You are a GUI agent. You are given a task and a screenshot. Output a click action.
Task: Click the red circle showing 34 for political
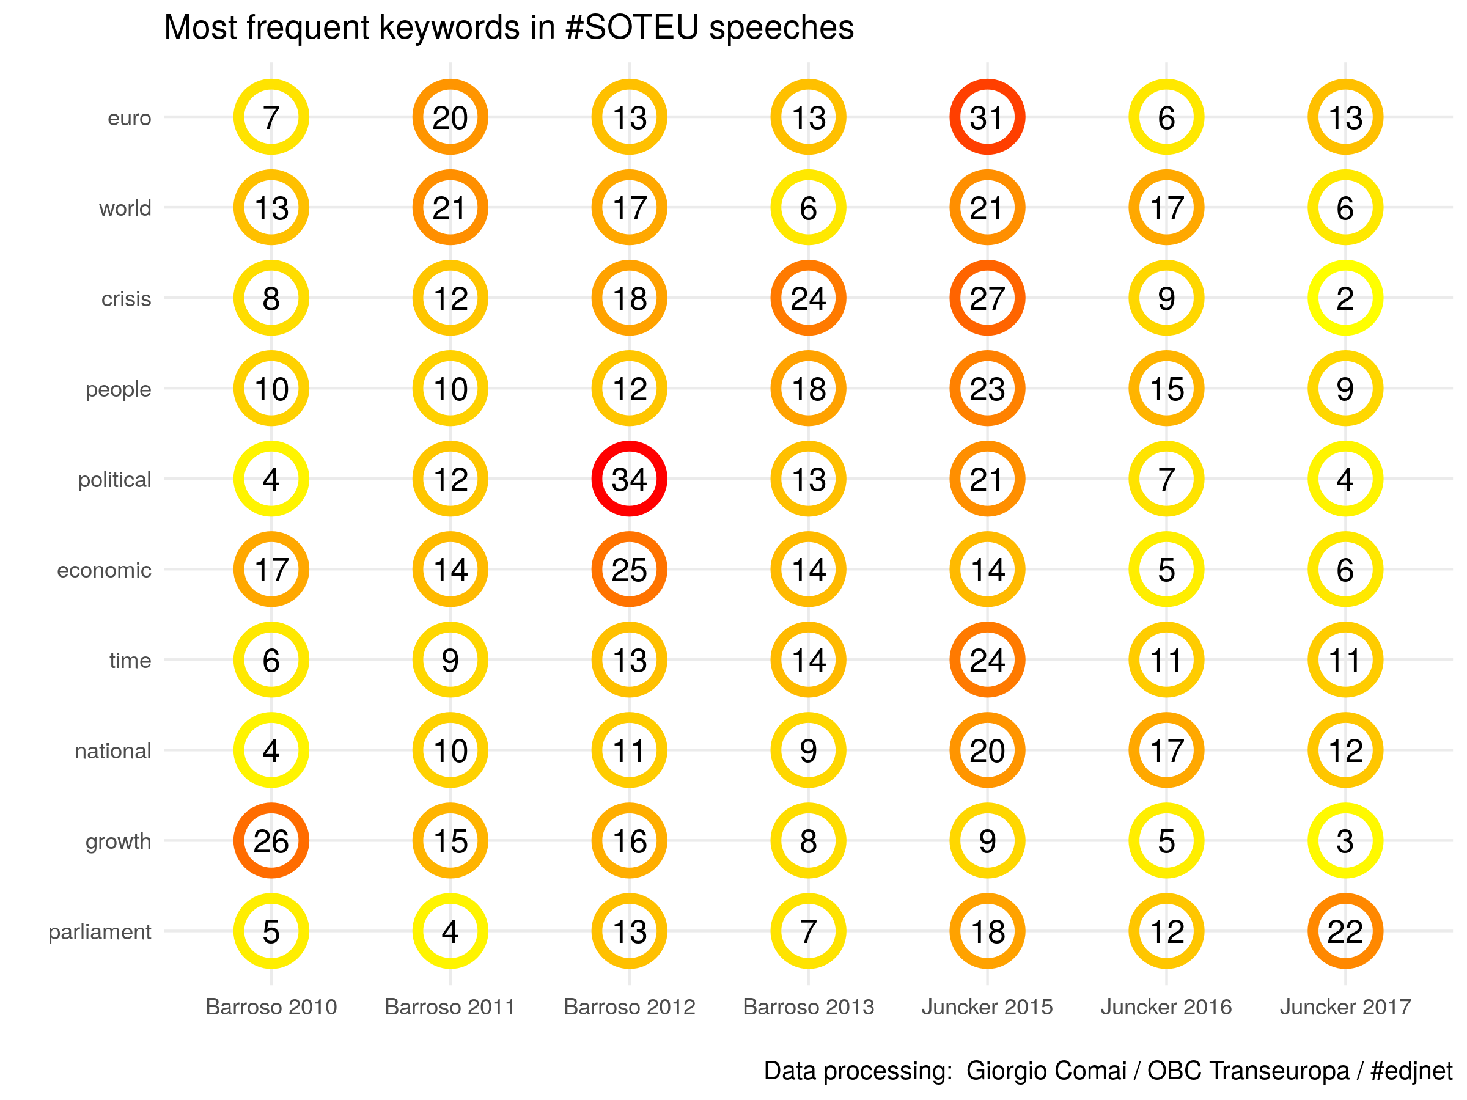click(x=629, y=479)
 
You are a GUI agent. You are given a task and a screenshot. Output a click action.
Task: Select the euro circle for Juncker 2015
click(x=987, y=117)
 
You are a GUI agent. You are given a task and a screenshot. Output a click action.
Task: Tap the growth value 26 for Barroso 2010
click(x=271, y=841)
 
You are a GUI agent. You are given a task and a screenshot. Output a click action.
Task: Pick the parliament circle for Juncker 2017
click(x=1345, y=931)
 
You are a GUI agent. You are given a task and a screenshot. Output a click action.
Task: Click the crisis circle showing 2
click(x=1345, y=298)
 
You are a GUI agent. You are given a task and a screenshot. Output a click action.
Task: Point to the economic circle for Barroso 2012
click(x=629, y=570)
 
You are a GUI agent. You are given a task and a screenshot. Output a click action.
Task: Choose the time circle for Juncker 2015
click(x=987, y=660)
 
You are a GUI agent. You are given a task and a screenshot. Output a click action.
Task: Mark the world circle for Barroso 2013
click(x=808, y=208)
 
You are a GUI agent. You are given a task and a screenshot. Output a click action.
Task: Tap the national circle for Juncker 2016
click(x=1166, y=750)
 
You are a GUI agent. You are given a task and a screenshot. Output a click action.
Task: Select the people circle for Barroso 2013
click(x=808, y=389)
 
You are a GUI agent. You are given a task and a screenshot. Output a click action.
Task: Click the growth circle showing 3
click(x=1345, y=841)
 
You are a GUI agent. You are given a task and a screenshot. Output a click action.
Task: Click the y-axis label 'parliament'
click(x=100, y=931)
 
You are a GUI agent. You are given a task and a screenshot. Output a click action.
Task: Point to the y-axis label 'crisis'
click(x=126, y=299)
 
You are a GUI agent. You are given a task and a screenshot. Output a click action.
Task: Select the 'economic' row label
click(x=104, y=570)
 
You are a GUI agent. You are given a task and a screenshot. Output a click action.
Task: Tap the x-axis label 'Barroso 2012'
click(x=630, y=1007)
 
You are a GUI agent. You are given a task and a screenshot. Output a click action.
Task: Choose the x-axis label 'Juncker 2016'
click(x=1166, y=1007)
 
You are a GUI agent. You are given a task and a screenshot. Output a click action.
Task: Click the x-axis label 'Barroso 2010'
click(x=271, y=1007)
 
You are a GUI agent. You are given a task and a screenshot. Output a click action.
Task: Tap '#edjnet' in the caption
click(x=1411, y=1071)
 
